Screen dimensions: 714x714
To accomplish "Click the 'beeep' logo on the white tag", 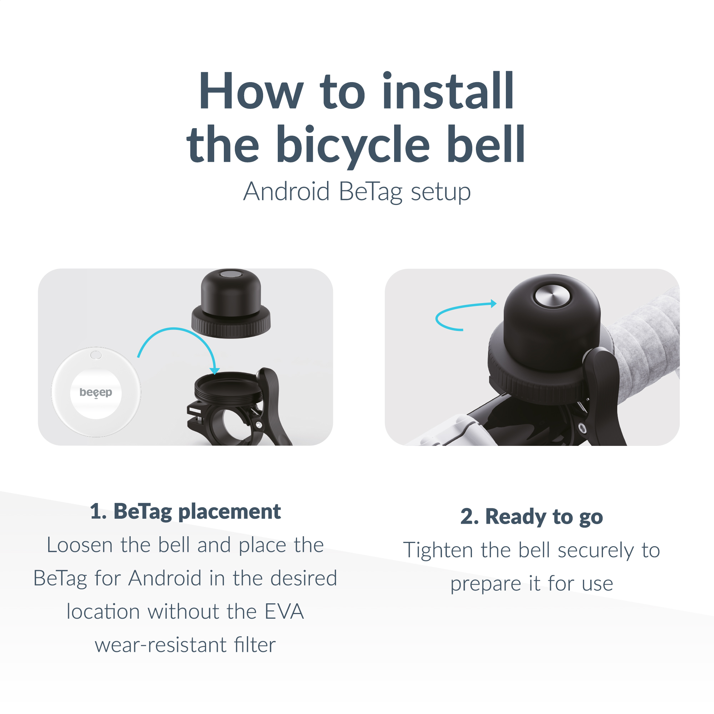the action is [x=96, y=392].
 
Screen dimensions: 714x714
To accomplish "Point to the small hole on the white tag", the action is [x=96, y=355].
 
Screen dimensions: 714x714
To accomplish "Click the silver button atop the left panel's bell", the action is [x=231, y=274].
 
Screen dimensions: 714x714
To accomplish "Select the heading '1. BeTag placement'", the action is [x=185, y=512].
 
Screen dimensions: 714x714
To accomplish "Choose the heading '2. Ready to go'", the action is [x=532, y=517].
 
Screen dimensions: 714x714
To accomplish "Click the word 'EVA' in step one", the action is [x=284, y=612].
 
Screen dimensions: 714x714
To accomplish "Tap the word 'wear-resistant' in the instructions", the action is [x=160, y=645].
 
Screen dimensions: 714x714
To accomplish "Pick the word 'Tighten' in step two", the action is [x=438, y=550].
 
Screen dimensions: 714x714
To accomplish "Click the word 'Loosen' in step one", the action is [x=80, y=545].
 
